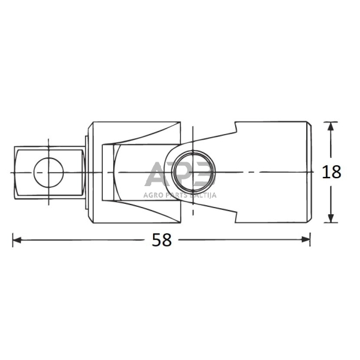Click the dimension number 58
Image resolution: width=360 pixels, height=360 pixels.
coord(162,240)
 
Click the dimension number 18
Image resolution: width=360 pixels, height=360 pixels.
coord(331,173)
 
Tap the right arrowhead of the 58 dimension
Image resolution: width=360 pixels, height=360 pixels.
coord(307,240)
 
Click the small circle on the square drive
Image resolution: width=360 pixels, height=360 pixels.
coord(48,173)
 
